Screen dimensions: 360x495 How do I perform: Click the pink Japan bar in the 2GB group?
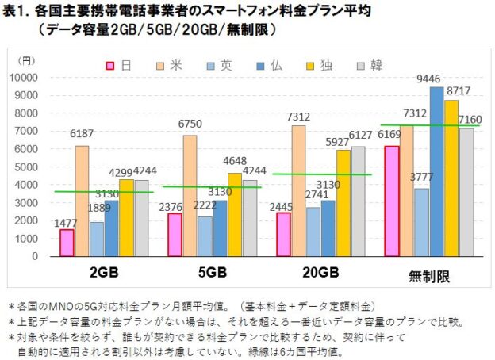(67, 243)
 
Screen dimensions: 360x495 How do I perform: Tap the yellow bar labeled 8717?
(451, 178)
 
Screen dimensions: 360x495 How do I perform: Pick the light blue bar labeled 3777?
(421, 222)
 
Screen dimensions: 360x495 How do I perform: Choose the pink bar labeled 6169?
(390, 201)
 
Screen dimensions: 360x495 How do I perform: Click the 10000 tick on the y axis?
(36, 78)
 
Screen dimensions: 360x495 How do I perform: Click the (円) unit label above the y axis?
(27, 59)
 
